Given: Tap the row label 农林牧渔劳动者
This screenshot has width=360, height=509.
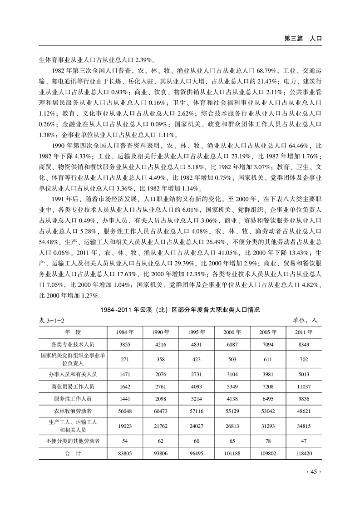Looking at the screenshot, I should [73, 411].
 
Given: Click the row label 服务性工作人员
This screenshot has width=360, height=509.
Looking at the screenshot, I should [73, 399].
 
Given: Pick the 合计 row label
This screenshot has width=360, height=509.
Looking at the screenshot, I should [73, 453].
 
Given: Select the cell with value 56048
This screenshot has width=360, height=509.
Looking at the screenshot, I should [125, 411].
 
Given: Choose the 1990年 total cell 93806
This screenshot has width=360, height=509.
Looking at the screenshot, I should [161, 453].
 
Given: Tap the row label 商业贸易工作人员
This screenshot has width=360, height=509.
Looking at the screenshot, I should [73, 387].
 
